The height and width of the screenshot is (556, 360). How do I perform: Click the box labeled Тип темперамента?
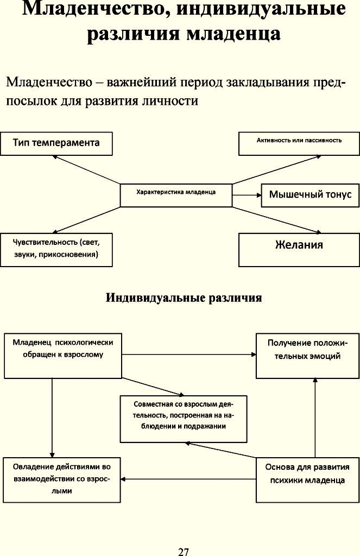click(56, 143)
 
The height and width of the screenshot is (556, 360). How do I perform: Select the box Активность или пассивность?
click(299, 143)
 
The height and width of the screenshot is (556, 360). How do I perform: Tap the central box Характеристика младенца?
click(176, 195)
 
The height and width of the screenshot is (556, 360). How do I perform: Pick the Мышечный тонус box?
click(311, 195)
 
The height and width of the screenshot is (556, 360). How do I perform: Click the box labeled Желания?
click(299, 250)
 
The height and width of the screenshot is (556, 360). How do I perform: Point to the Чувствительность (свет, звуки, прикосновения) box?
click(56, 250)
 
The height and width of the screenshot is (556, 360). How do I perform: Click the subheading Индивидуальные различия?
click(184, 298)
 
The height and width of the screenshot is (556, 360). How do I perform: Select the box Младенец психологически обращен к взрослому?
click(63, 355)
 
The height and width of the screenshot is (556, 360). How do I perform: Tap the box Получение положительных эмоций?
click(307, 355)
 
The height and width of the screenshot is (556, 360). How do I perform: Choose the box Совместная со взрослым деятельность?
click(184, 419)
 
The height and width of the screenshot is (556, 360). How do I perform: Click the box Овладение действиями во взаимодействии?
click(62, 480)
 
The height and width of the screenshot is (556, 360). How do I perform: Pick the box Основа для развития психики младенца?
click(307, 480)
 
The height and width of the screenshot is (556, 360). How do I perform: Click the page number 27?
click(184, 552)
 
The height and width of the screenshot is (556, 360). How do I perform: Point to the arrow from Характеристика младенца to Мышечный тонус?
click(247, 195)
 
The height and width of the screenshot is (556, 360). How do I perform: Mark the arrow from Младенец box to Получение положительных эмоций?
click(189, 354)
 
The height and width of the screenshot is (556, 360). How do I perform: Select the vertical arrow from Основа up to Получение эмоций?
click(315, 418)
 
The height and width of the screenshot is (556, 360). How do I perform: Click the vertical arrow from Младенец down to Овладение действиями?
click(52, 418)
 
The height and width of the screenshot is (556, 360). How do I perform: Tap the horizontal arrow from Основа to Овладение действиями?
click(188, 479)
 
